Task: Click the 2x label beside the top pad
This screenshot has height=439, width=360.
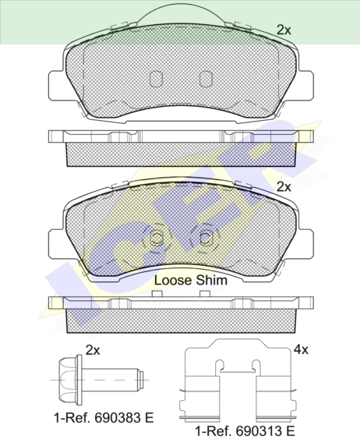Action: (x=284, y=30)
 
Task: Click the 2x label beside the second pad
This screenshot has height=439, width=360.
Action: (x=284, y=186)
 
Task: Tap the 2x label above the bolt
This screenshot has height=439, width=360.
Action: (x=93, y=350)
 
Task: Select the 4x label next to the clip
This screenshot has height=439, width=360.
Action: (x=301, y=349)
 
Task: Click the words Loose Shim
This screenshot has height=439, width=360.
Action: (x=191, y=280)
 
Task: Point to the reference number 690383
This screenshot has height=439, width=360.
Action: (x=117, y=418)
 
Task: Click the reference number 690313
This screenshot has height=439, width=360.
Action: (x=259, y=430)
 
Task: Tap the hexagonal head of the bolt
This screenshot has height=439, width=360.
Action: (x=68, y=380)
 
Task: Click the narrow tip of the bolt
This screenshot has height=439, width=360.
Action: (x=141, y=380)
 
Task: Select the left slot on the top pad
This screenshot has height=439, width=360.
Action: (x=156, y=79)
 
